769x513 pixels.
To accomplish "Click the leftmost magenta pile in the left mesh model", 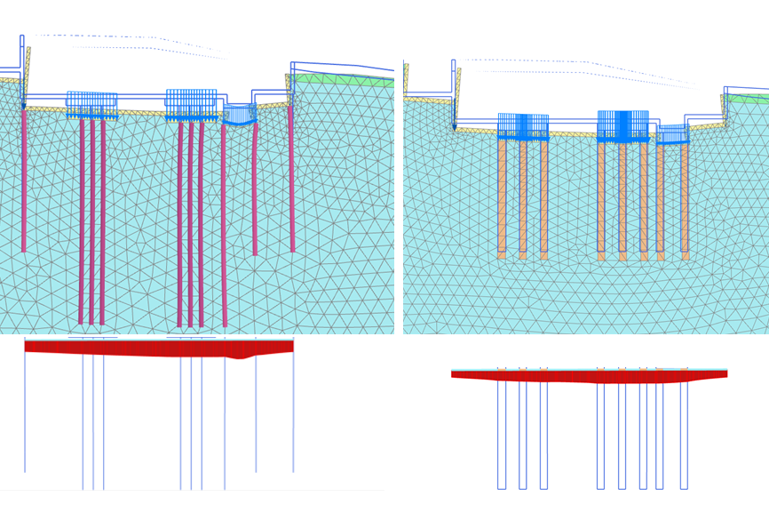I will pos(24,178).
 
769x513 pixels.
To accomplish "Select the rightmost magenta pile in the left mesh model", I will pos(291,178).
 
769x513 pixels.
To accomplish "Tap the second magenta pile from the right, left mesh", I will pos(255,187).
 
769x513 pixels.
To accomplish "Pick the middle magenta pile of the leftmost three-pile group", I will pos(91,222).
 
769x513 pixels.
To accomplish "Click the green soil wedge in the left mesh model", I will pos(342,79).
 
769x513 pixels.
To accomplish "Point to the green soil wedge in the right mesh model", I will pos(750,98).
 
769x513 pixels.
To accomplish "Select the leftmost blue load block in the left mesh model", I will pos(91,104).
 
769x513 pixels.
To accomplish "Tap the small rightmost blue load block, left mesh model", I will pos(240,114).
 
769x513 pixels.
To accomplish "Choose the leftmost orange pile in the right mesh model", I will pos(502,196).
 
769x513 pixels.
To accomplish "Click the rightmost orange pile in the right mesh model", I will pos(685,200).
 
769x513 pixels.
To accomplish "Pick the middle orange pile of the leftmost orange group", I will pos(523,196).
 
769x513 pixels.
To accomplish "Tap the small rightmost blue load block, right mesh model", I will pos(672,134).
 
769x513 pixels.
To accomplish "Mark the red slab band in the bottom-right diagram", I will pos(586,376).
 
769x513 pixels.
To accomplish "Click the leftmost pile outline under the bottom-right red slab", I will pos(502,436).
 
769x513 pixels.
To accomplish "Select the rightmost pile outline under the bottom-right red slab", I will pos(684,436).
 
